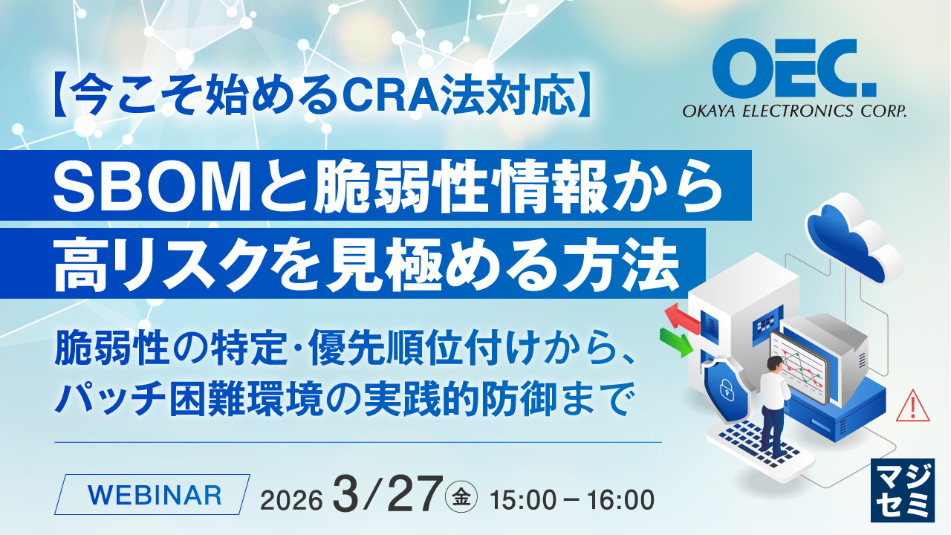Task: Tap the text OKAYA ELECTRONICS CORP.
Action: coord(794,112)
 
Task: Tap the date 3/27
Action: coord(387,494)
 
